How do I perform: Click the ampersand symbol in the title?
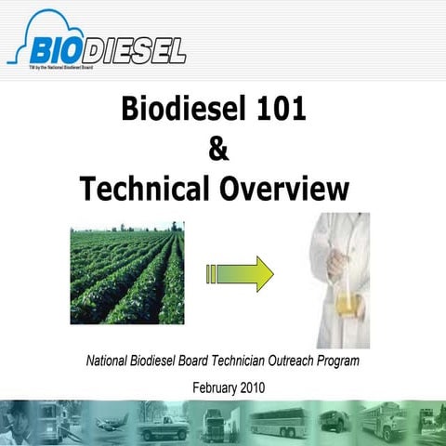coord(222,150)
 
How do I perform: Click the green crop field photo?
coord(126,272)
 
